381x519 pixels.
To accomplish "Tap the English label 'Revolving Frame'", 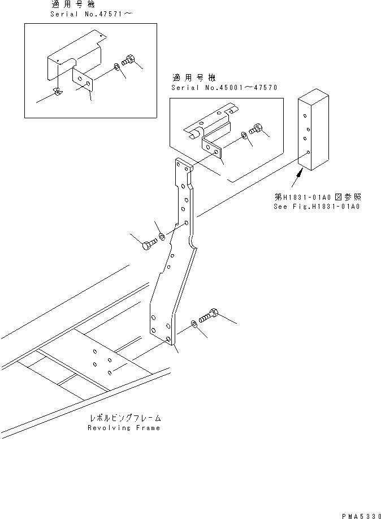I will coord(124,428).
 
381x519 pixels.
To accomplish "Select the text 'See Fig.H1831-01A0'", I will coord(318,206).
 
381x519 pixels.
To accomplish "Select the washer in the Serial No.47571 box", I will coord(116,67).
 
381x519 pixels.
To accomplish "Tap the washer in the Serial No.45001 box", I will coord(243,136).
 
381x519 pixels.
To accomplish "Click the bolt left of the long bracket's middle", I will coord(148,244).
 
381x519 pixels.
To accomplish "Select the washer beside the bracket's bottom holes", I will coord(195,323).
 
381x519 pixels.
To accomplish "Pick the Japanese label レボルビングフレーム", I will coord(124,418).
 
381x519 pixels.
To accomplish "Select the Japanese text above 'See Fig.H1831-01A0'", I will coord(317,197).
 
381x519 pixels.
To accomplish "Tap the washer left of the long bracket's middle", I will coord(162,235).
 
